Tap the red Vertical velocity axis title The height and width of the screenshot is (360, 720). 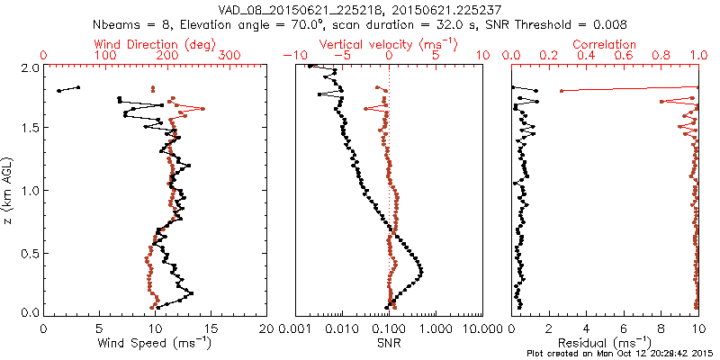pyautogui.click(x=389, y=44)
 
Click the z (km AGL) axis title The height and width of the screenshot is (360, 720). pyautogui.click(x=8, y=190)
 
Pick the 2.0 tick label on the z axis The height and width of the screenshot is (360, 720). pyautogui.click(x=29, y=67)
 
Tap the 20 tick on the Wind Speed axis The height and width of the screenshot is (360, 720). pyautogui.click(x=266, y=328)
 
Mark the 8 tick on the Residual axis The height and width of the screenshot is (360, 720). pyautogui.click(x=661, y=328)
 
